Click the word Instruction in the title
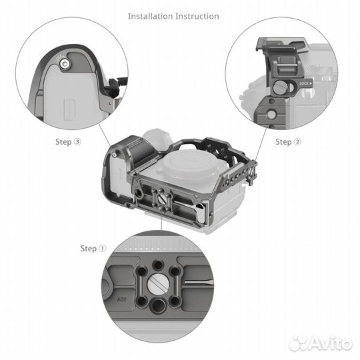click(x=198, y=15)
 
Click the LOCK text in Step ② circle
click(x=305, y=83)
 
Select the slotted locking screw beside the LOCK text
click(x=279, y=87)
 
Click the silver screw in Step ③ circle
click(x=65, y=63)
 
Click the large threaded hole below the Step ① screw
click(x=157, y=306)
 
